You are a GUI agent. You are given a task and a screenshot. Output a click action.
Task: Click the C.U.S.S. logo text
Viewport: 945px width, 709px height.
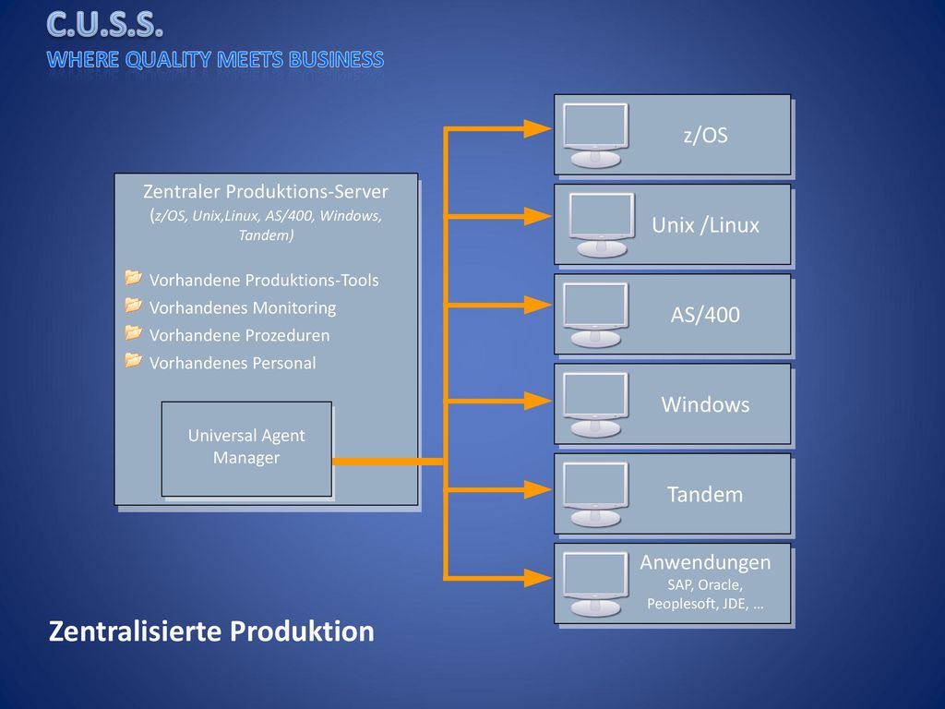pos(105,25)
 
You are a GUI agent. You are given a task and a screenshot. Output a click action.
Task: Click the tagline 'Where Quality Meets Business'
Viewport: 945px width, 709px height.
pos(215,60)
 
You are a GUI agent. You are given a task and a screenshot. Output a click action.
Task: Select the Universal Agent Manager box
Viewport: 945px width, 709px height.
pos(246,449)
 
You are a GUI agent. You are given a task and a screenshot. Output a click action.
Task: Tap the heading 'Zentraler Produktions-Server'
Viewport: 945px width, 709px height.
pos(266,192)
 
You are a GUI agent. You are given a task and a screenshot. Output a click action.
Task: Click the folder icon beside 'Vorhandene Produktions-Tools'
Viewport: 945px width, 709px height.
pos(133,277)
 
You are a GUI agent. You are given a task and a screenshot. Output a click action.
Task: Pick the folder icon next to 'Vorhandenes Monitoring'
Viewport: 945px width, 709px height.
pos(133,305)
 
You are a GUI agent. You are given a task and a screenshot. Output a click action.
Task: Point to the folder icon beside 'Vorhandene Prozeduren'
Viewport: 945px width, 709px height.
pos(133,332)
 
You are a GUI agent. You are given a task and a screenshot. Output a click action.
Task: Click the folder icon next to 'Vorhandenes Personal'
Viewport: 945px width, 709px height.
pos(133,360)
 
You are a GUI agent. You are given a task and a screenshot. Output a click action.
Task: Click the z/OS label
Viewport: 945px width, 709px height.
pos(705,135)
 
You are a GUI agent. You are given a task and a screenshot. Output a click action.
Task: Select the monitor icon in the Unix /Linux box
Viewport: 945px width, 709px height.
pos(602,225)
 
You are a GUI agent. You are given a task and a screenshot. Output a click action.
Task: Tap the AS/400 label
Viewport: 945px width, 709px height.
pos(705,315)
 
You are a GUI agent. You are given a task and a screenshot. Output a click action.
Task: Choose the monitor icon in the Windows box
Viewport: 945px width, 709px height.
pos(595,404)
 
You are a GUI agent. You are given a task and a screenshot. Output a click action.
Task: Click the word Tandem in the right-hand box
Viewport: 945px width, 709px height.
pos(705,495)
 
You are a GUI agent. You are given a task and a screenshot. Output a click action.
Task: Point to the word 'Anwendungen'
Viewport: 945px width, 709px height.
pos(705,562)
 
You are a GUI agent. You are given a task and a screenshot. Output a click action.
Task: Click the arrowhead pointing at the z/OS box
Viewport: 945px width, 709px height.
pos(538,128)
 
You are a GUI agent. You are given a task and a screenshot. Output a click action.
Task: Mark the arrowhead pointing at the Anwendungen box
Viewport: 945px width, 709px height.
pos(538,578)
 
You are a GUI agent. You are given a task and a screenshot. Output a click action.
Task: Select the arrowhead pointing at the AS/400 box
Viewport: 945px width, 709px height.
pos(538,305)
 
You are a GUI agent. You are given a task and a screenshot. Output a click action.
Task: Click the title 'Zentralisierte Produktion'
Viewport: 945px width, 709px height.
pos(211,631)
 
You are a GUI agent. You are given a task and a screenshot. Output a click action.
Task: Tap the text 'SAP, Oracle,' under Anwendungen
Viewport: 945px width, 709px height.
pos(705,584)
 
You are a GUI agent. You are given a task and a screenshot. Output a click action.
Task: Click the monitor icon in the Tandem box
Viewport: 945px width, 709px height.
pos(595,495)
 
